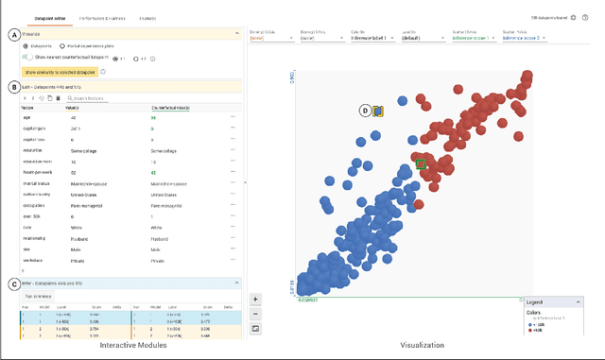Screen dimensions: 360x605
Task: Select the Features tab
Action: (148, 18)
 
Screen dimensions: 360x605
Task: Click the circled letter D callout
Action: (365, 111)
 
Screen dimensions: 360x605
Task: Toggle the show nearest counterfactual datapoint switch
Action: (29, 57)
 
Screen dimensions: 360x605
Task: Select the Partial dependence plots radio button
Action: (63, 45)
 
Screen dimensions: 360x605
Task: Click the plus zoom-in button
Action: (255, 299)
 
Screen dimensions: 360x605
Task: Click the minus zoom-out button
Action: (255, 313)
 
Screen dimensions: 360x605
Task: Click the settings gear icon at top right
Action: (574, 18)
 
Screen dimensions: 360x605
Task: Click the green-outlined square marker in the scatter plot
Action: (421, 164)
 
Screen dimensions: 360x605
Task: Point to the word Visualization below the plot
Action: (423, 345)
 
